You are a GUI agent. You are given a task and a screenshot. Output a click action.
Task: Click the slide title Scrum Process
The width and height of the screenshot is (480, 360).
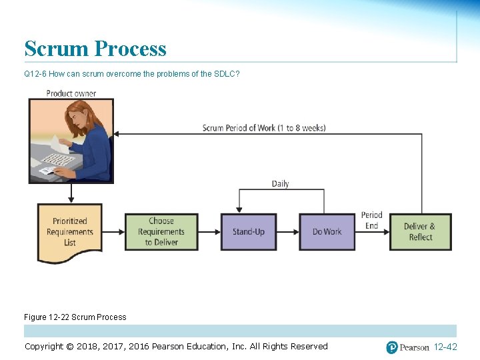95,49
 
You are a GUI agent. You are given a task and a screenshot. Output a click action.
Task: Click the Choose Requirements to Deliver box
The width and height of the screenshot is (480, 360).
161,232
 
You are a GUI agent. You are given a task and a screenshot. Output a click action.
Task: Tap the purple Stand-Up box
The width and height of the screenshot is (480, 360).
249,232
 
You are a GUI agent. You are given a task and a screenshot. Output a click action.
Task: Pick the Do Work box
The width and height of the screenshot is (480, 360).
327,232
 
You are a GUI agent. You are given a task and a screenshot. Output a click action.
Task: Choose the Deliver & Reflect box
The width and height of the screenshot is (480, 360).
421,232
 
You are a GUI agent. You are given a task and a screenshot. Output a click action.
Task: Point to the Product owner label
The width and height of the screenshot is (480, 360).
71,93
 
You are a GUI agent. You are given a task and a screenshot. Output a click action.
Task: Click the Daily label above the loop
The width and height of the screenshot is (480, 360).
280,183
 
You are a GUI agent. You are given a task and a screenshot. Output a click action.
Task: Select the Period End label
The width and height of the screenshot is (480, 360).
371,221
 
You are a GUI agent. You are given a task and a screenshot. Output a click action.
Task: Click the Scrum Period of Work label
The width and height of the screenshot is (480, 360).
264,128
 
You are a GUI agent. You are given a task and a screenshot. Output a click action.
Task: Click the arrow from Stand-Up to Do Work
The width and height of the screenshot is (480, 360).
287,232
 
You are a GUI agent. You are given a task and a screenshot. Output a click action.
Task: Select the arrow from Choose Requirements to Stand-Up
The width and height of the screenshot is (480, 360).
209,232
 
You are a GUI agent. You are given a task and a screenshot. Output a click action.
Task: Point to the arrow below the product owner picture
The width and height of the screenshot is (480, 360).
71,193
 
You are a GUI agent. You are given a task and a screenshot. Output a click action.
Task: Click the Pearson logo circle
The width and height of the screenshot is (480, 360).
392,347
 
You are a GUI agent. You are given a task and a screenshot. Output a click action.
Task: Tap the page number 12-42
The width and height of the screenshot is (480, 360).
445,347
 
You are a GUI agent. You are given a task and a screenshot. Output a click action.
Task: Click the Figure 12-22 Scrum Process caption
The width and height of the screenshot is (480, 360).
75,317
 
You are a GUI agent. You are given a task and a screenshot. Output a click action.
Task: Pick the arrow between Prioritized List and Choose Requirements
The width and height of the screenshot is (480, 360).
115,232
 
